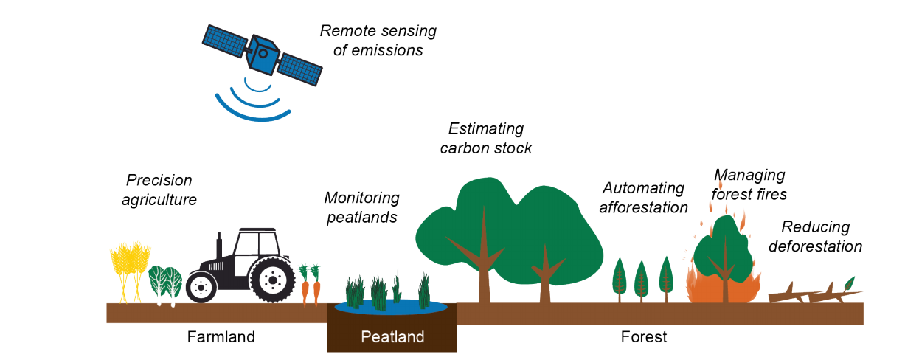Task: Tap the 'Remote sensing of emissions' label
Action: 378,41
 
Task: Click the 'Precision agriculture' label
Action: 159,190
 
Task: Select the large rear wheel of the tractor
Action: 272,279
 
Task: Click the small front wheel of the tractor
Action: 201,286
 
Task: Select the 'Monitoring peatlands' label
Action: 361,207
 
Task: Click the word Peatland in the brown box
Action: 392,337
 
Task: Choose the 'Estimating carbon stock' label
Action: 486,139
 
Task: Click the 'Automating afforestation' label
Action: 643,198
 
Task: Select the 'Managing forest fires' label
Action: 749,184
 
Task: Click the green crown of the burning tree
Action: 722,243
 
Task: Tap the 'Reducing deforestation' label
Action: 815,237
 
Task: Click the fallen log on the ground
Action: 811,294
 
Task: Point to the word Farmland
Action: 221,337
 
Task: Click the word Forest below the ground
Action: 644,337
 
